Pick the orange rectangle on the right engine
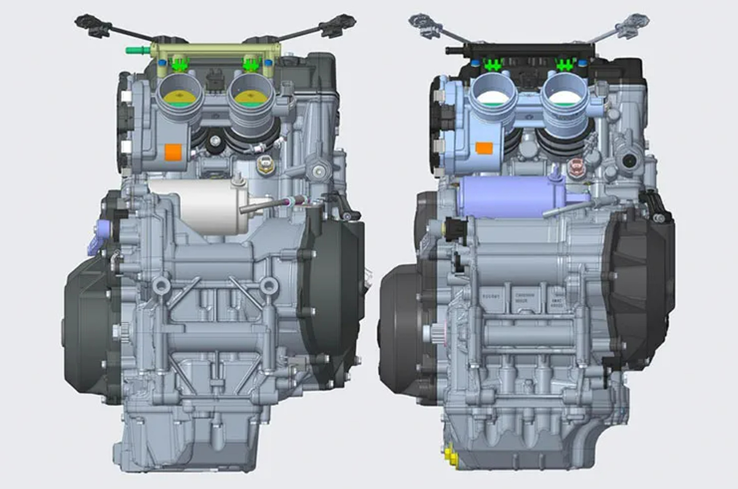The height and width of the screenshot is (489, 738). (484, 148)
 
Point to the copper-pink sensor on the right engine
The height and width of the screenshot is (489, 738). (576, 166)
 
